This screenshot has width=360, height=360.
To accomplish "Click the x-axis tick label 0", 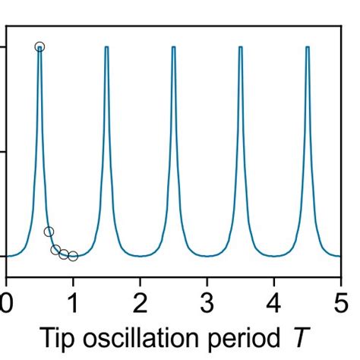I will click(x=7, y=295).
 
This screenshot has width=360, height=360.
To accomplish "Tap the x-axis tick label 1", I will click(x=73, y=295).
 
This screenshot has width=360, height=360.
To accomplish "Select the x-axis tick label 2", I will click(x=140, y=295).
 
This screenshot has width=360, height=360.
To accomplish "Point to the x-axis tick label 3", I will click(x=207, y=295).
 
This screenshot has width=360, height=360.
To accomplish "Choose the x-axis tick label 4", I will click(x=273, y=295).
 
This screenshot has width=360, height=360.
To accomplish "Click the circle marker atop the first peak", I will click(x=39, y=47).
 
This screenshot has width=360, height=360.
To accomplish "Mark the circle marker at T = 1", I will click(x=73, y=256).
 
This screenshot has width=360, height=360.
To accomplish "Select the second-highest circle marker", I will click(x=49, y=232).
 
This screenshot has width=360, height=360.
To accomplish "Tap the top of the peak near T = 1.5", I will click(x=106, y=47).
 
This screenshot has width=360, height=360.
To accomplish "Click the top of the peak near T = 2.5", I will click(x=173, y=47).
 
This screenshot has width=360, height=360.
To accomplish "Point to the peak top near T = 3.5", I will click(x=240, y=47).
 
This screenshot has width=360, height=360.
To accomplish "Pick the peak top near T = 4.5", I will click(x=307, y=47).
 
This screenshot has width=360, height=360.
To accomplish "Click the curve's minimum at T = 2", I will click(x=140, y=256).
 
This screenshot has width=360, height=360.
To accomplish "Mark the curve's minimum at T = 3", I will click(x=207, y=256).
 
